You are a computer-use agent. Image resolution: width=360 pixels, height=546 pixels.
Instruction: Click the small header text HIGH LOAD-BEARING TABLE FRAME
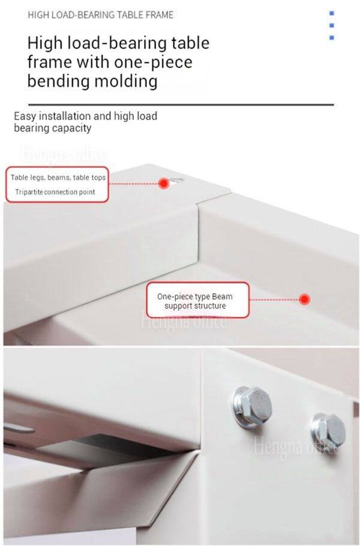100,15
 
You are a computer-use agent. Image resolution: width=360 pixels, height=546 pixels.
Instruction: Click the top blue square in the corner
332,13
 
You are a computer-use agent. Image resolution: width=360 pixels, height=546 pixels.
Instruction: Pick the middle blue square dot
332,25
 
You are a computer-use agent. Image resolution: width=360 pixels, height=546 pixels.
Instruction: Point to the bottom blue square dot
332,38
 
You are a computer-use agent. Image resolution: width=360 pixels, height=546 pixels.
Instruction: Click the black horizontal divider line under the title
181,104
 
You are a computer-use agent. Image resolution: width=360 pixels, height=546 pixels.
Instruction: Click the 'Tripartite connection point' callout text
55,192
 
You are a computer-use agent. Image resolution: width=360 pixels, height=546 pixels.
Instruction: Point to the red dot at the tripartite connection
164,183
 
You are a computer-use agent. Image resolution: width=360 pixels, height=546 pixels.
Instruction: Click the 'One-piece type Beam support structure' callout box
198,300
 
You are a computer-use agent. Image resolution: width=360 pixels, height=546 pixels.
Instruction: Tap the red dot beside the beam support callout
305,299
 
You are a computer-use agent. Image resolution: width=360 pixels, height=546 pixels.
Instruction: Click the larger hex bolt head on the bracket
253,406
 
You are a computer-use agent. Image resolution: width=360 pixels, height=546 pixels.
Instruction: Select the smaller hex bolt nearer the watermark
328,431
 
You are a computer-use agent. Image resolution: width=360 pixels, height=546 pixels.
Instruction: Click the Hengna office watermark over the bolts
296,446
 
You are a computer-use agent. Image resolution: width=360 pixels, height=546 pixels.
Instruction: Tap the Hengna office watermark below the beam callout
183,321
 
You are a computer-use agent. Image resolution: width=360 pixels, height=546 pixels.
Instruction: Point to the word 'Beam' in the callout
222,296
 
